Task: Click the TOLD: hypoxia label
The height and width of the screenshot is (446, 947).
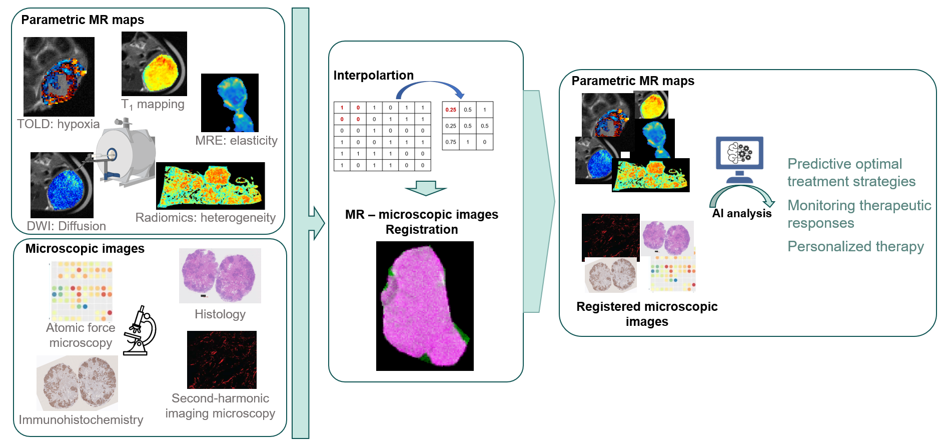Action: click(58, 124)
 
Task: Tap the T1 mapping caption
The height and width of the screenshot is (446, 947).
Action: click(153, 104)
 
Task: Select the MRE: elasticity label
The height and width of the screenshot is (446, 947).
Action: click(236, 141)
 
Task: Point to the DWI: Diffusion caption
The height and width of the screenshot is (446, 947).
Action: click(66, 226)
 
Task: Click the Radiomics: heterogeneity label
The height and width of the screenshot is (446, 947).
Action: click(205, 218)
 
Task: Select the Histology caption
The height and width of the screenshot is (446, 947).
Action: click(220, 314)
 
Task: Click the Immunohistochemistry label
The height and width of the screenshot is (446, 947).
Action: click(81, 420)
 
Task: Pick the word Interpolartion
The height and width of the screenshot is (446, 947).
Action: click(373, 76)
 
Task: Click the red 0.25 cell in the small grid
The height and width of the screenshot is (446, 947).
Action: click(451, 110)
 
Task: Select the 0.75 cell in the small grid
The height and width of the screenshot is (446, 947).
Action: click(451, 142)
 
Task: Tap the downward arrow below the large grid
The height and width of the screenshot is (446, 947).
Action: click(425, 188)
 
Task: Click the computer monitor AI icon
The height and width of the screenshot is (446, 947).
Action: click(739, 158)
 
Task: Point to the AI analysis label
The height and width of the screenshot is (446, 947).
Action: click(742, 214)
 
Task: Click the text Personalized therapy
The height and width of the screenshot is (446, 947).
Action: click(855, 247)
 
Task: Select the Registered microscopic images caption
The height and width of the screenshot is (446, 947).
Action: click(647, 314)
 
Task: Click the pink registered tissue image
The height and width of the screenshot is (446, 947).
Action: click(424, 306)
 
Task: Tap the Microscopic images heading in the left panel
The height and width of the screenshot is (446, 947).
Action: click(85, 249)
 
